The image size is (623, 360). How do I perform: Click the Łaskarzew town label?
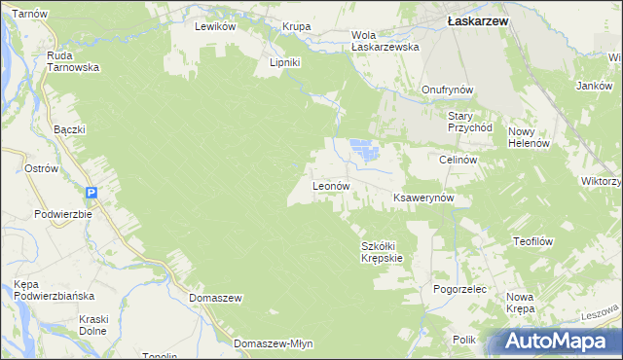coord(473,18)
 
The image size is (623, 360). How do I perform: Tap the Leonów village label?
coord(330,185)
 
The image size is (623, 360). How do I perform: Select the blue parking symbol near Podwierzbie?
coord(90,193)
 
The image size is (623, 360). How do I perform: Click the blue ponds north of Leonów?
coord(362,151)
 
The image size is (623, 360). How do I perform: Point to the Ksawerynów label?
coord(424,198)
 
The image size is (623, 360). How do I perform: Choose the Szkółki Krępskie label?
coord(382,252)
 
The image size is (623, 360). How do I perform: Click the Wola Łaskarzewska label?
coord(385,41)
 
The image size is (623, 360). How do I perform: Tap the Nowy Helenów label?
coord(530,137)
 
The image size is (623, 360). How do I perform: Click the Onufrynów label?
coord(447,90)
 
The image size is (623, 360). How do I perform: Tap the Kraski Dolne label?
coord(93,325)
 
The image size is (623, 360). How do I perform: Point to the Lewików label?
coord(215,27)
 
